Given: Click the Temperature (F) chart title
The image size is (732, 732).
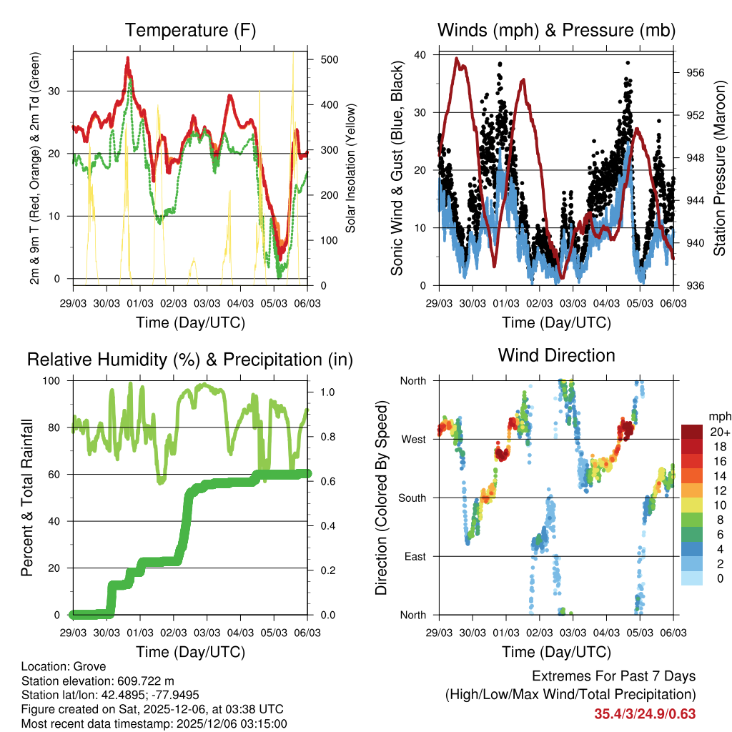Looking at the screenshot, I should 190,31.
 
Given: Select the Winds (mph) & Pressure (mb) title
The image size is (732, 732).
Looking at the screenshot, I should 556,31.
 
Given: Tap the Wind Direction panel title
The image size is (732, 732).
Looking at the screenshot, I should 556,355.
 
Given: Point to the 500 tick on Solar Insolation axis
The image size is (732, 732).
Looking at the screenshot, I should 330,59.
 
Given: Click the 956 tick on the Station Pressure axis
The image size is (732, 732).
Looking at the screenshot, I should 696,73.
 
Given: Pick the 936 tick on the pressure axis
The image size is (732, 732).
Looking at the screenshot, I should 696,286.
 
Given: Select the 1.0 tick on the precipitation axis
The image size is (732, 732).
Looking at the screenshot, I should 327,392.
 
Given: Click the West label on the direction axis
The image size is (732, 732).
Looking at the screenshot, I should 413,439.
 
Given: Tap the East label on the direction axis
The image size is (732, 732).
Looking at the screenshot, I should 415,556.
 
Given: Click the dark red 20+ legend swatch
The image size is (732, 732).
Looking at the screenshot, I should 692,432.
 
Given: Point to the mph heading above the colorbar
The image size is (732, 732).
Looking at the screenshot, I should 719,416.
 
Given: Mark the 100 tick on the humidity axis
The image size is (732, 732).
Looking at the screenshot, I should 53,380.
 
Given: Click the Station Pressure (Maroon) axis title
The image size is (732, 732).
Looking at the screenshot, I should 720,169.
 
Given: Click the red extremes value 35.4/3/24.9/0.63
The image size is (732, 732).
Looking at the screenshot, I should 644,713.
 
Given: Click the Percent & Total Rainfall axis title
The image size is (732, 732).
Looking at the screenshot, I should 27,498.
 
